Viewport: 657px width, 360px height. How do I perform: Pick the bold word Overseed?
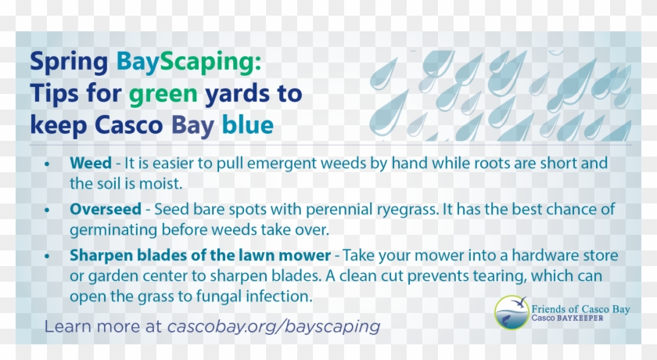pyautogui.click(x=105, y=211)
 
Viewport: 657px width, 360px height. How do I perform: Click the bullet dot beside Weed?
pyautogui.click(x=48, y=165)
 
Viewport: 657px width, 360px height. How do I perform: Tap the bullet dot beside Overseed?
pyautogui.click(x=48, y=211)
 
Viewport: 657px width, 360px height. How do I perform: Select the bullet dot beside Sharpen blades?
pyautogui.click(x=48, y=257)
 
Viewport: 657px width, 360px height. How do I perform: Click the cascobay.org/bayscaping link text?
pyautogui.click(x=273, y=326)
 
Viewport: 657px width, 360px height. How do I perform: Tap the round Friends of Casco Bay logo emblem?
pyautogui.click(x=511, y=311)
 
